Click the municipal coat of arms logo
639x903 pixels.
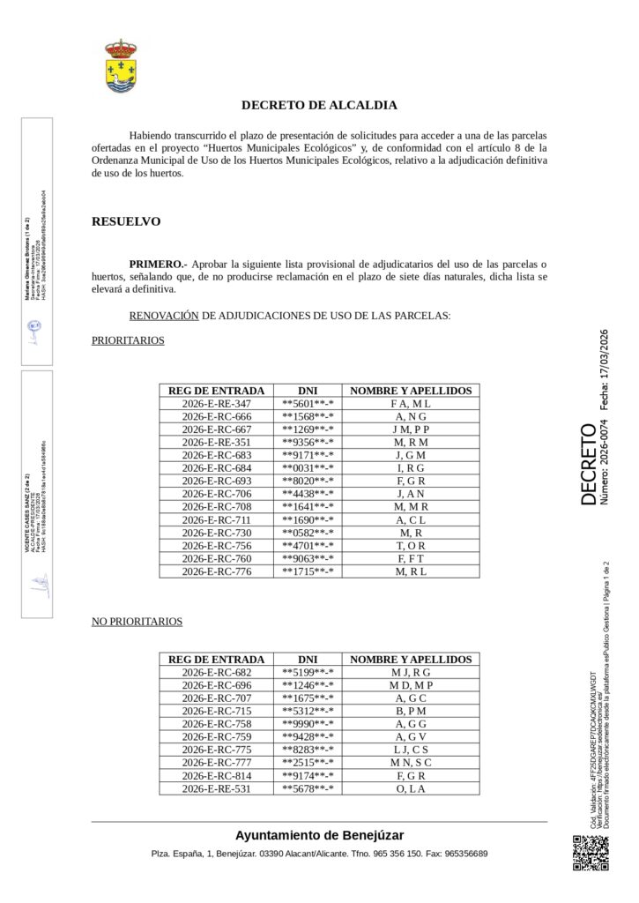tap(121, 65)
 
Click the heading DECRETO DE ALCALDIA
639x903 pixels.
tap(319, 105)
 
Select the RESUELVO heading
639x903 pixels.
tap(126, 221)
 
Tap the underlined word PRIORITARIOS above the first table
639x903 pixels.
tap(128, 340)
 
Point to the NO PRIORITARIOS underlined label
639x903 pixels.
tap(137, 622)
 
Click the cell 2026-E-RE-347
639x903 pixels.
tap(216, 403)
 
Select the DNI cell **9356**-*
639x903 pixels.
tap(308, 443)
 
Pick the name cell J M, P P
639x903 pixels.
tap(411, 429)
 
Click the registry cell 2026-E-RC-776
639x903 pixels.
tap(216, 571)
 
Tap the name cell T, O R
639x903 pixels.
tap(411, 546)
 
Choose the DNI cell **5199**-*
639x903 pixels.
tap(308, 673)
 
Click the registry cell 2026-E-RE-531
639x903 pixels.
tap(216, 788)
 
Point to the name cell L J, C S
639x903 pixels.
tap(411, 750)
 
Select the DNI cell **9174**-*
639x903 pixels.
tap(308, 775)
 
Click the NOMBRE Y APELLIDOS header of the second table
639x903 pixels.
tap(411, 660)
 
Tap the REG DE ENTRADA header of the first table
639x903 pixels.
tap(216, 391)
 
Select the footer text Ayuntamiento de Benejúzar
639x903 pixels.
tap(319, 835)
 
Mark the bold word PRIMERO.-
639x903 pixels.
tap(158, 264)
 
